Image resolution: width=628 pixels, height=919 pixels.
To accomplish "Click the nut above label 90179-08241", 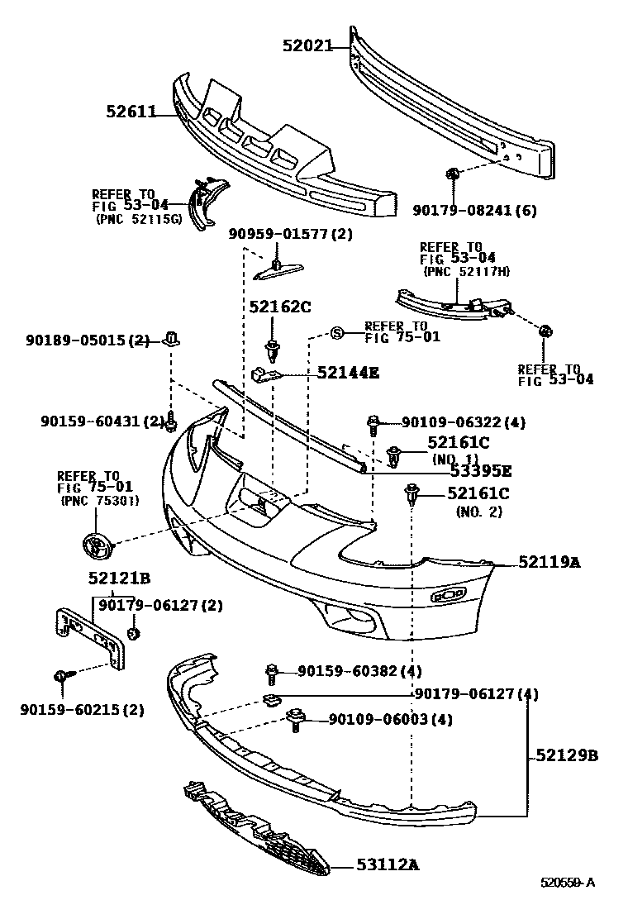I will click(x=453, y=174).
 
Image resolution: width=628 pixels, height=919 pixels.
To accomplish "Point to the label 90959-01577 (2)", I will click(x=290, y=234).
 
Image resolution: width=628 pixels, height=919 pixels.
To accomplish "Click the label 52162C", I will click(x=279, y=307).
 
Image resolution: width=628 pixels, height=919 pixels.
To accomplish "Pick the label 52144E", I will click(x=348, y=373).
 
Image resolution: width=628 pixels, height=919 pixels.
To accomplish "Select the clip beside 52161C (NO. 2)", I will click(x=412, y=496).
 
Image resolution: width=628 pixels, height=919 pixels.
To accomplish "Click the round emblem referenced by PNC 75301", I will click(x=97, y=546).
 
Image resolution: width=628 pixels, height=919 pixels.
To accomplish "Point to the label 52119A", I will click(x=549, y=562).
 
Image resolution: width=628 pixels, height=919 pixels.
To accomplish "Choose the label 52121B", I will click(x=119, y=579).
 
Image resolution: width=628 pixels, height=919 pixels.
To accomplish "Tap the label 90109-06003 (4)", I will click(x=390, y=719).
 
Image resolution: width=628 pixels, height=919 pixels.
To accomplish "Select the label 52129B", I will click(x=566, y=755).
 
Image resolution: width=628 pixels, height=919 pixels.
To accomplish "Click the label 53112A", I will click(x=388, y=865).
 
